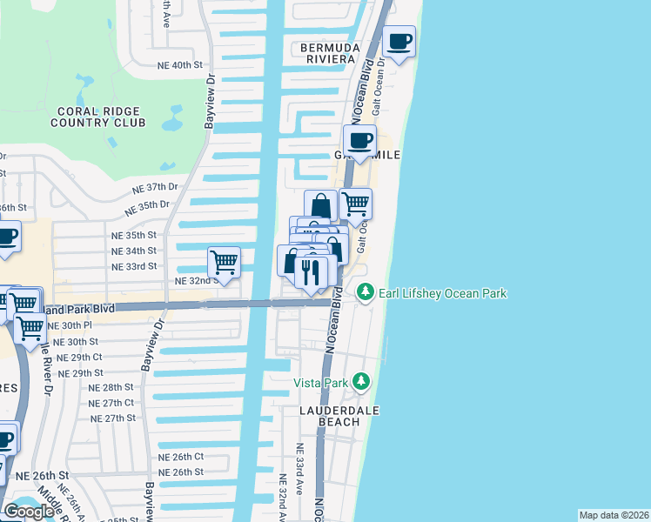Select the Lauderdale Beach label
(x=330, y=415)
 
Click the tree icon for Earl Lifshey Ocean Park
(x=366, y=292)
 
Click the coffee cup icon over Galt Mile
(x=359, y=139)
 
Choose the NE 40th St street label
(x=180, y=65)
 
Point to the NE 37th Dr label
(x=154, y=188)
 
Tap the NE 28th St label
(x=111, y=387)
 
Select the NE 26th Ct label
(x=181, y=457)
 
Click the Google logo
(x=29, y=512)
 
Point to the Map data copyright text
(x=614, y=515)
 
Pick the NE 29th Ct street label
(x=79, y=358)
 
